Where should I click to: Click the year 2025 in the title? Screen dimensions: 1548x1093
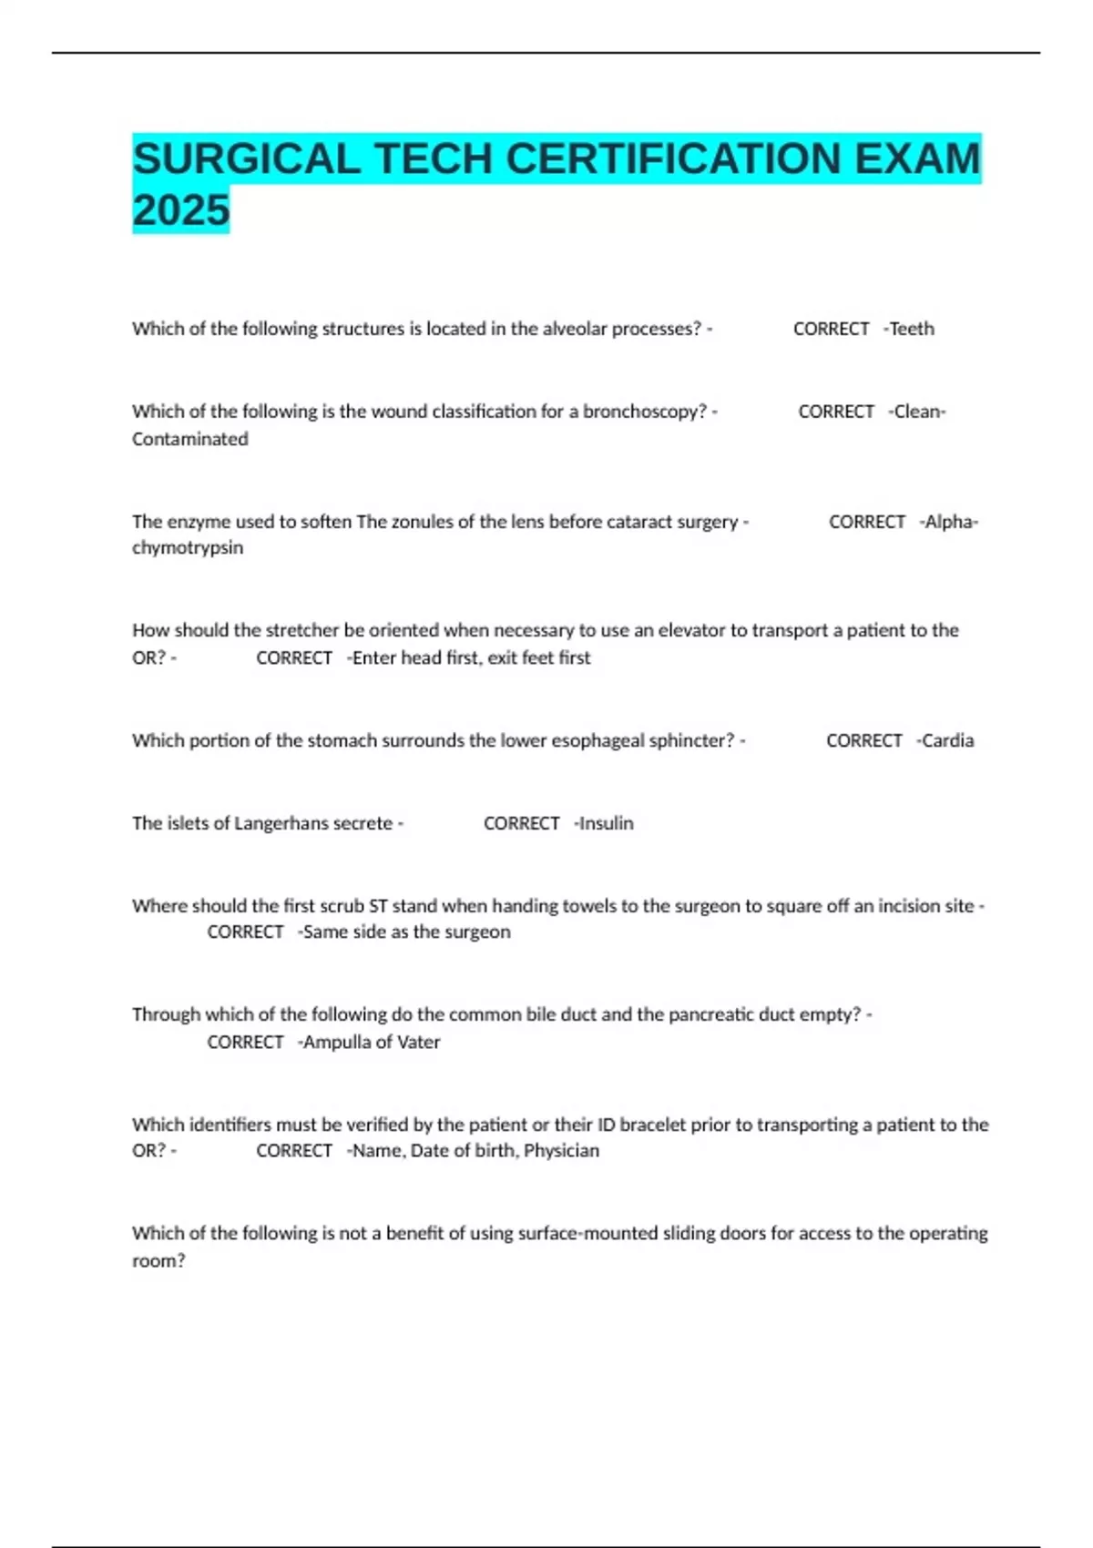click(x=181, y=210)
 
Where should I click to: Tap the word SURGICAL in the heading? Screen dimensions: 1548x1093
click(x=247, y=159)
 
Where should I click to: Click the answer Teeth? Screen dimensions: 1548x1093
click(x=912, y=329)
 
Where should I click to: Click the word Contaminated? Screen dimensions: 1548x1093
click(x=189, y=439)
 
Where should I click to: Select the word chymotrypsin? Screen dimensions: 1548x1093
click(x=188, y=548)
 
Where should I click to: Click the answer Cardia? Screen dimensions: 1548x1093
click(x=948, y=740)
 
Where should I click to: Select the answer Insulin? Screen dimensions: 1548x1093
click(x=607, y=823)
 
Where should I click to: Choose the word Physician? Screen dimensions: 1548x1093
click(x=562, y=1151)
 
